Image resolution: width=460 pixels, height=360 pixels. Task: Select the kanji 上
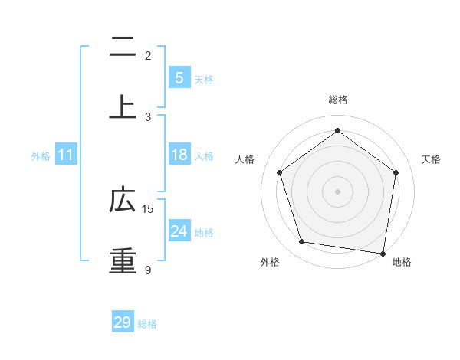[x=123, y=107]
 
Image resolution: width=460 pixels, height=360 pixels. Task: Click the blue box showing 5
[x=179, y=77]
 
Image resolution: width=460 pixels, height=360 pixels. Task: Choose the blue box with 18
[x=179, y=155]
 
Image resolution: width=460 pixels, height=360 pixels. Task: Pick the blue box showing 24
[x=179, y=231]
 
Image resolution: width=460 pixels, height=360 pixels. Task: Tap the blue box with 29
[x=123, y=322]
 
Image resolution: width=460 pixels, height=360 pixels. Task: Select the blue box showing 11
[x=66, y=155]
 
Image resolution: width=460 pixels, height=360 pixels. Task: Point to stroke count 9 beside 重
[x=148, y=270]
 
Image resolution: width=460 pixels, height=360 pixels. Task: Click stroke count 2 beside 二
[x=148, y=55]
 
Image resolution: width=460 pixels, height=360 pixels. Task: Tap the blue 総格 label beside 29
[x=147, y=324]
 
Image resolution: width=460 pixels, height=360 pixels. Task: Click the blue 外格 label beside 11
[x=41, y=156]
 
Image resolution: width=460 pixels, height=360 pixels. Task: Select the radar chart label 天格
[x=431, y=159]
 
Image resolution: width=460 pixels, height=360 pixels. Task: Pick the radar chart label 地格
[x=402, y=262]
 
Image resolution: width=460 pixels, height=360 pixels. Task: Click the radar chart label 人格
[x=245, y=159]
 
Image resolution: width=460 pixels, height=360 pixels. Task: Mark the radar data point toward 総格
[x=337, y=130]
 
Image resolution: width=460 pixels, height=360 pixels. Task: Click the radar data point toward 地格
[x=383, y=253]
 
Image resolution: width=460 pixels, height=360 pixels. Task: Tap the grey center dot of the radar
[x=337, y=191]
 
